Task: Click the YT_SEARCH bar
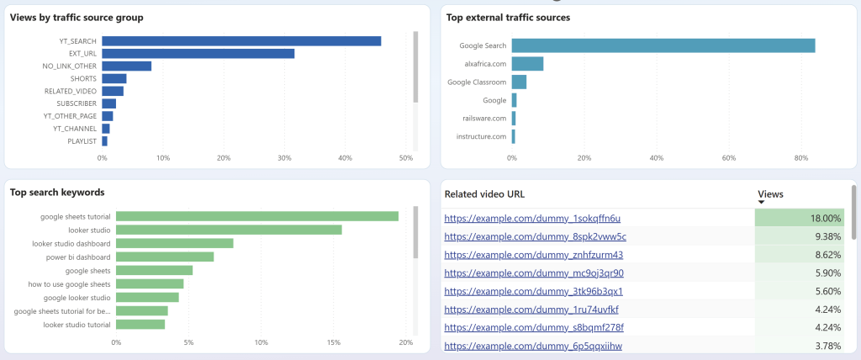[x=241, y=41]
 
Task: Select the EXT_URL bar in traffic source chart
[x=198, y=54]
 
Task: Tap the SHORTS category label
[x=83, y=78]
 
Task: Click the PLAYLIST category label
[x=82, y=141]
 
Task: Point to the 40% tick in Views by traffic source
[x=345, y=157]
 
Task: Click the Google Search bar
[x=663, y=45]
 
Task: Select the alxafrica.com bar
[x=527, y=64]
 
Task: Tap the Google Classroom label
[x=477, y=82]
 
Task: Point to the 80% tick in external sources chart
[x=802, y=157]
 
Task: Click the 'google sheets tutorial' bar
[x=257, y=216]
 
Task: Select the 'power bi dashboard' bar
[x=165, y=257]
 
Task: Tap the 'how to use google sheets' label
[x=69, y=284]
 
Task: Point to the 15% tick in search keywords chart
[x=334, y=342]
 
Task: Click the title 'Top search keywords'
[x=57, y=193]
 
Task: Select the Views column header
[x=770, y=194]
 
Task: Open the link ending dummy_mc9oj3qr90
[x=534, y=273]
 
